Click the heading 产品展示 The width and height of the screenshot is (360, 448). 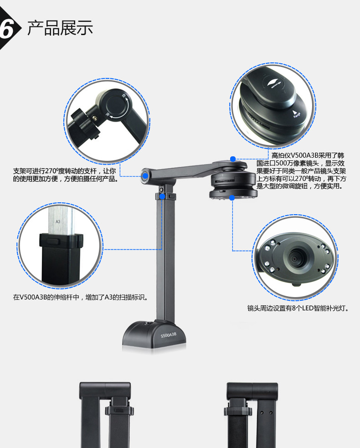[60, 28]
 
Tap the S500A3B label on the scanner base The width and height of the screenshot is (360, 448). [168, 336]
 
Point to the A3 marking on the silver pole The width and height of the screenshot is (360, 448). [58, 221]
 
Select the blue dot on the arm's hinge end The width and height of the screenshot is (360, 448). [145, 175]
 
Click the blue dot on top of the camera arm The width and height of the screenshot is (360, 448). [233, 159]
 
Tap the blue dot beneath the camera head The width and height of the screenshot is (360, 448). [232, 197]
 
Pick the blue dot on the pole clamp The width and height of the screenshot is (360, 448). [162, 196]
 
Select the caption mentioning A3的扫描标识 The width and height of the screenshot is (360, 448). [81, 298]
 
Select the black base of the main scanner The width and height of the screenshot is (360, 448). [155, 335]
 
